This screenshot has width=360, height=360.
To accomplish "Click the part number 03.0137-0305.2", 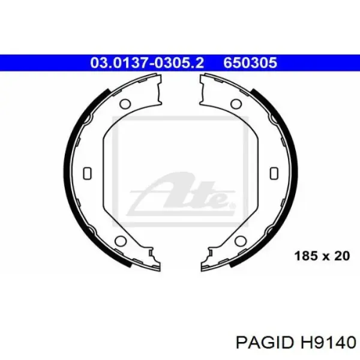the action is (147, 62).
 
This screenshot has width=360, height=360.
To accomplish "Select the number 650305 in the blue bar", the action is (250, 62).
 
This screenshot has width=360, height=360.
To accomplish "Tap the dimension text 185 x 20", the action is (322, 256).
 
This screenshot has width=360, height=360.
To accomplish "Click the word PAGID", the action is (265, 343).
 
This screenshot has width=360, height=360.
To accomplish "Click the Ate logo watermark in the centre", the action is (181, 195).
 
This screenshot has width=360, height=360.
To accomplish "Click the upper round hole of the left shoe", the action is (125, 104).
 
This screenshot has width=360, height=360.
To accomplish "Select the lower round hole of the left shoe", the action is (121, 241).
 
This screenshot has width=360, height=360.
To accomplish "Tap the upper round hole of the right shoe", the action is (236, 104).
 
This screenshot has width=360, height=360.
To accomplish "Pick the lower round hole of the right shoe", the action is (241, 241).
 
